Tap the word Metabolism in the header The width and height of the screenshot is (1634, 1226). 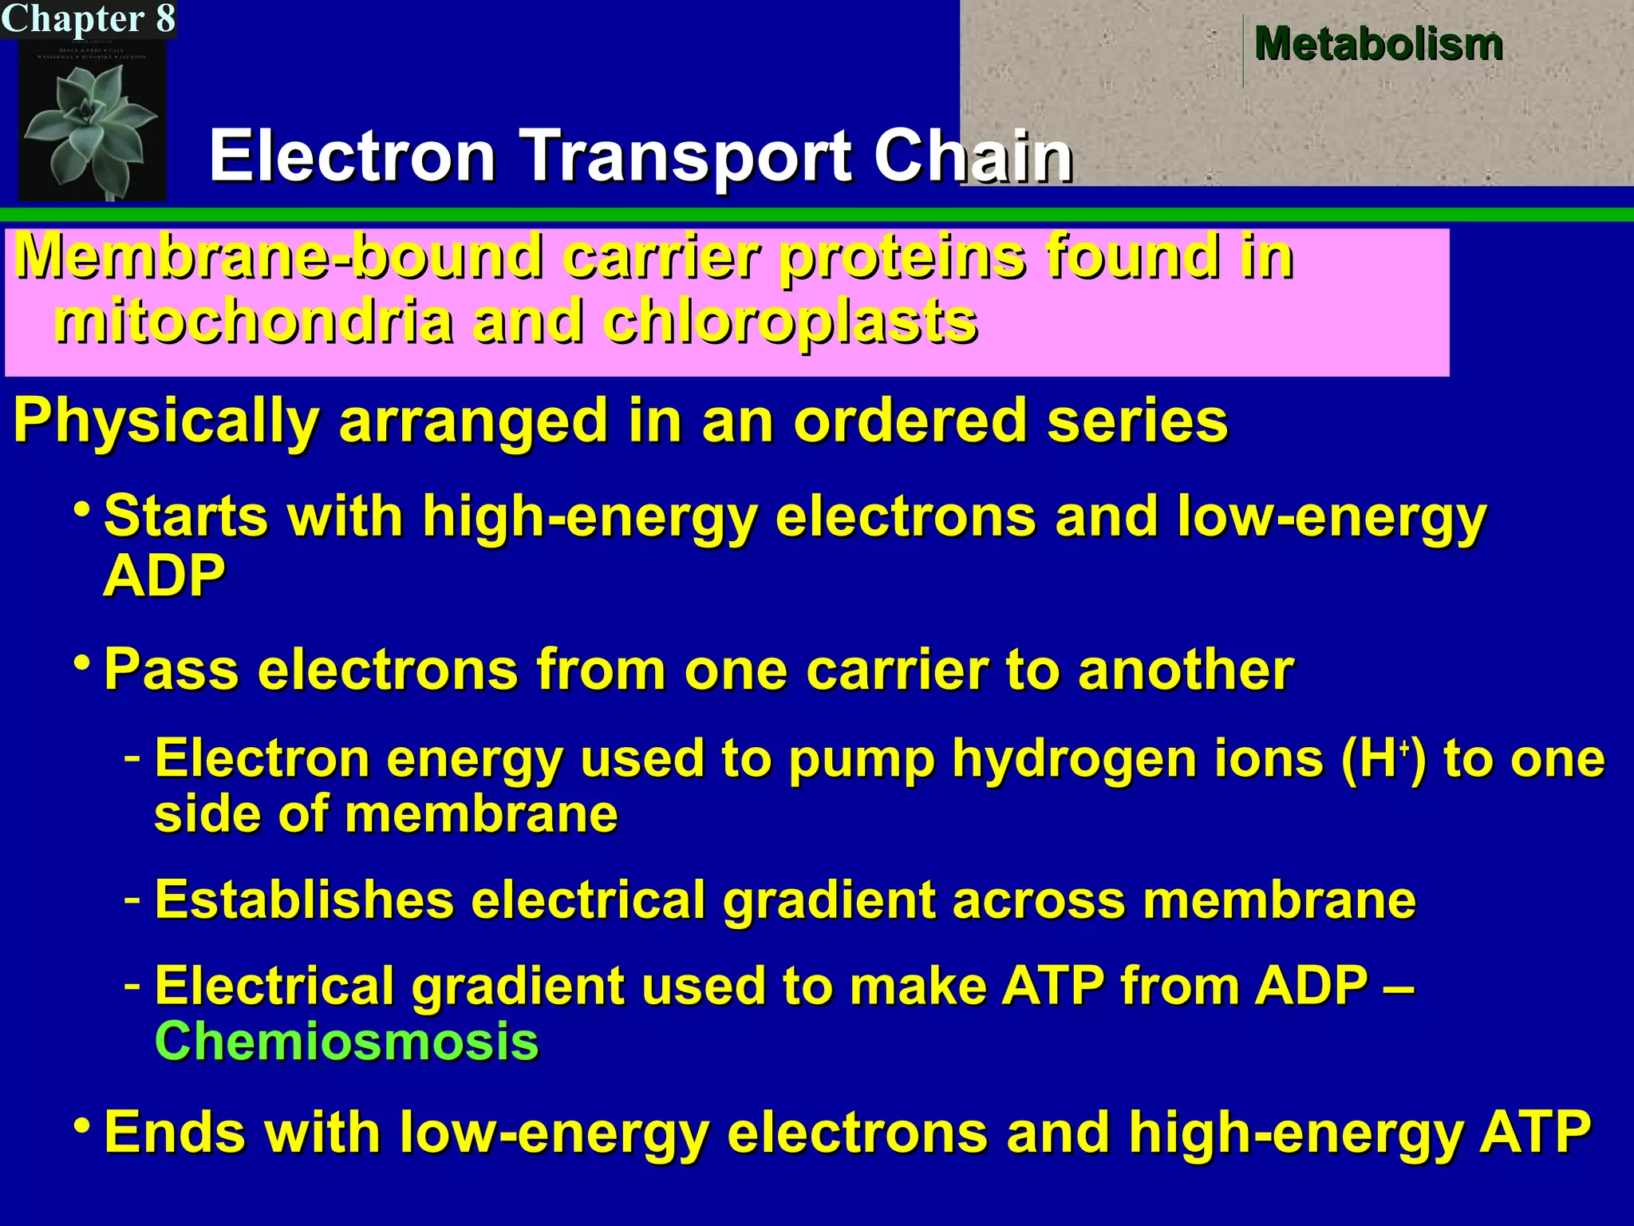[1379, 43]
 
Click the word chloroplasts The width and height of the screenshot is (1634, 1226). [790, 322]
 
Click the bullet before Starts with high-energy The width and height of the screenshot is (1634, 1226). [81, 508]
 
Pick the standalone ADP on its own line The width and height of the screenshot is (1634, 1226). [164, 576]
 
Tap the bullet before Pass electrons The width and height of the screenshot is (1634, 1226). [81, 662]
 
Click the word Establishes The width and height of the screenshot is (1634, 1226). [304, 900]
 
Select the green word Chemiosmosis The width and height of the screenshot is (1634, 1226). [346, 1041]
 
